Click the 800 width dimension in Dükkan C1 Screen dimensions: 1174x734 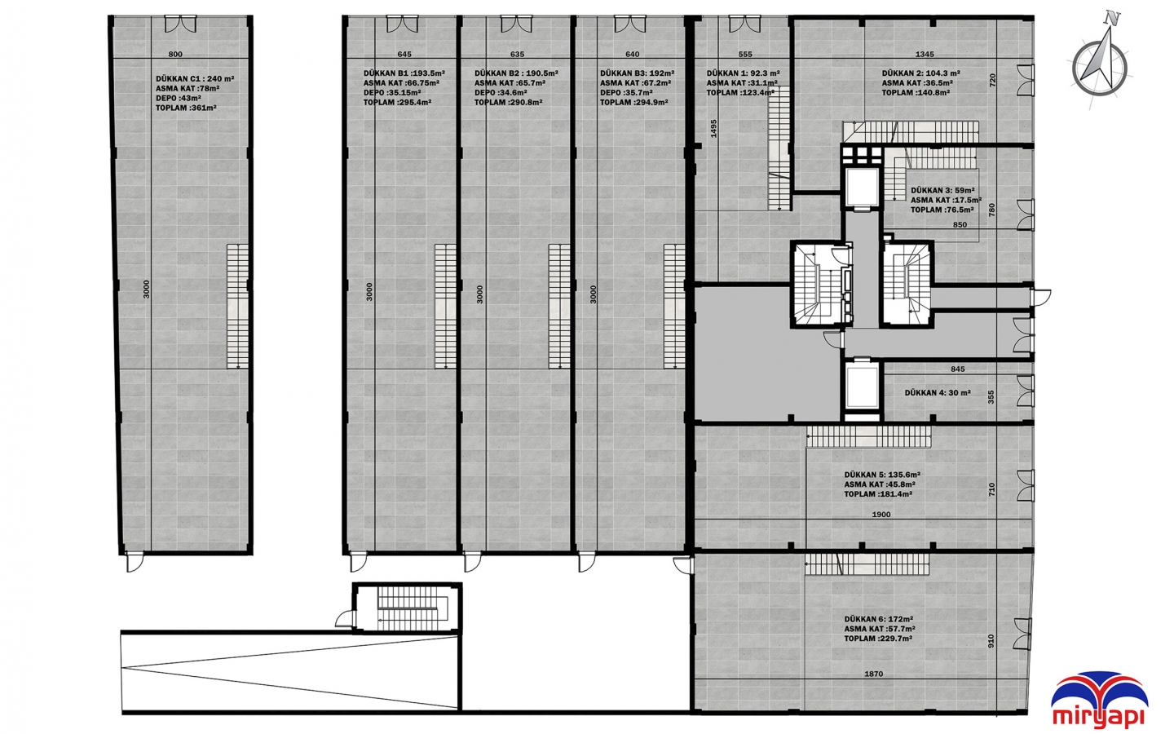tap(175, 54)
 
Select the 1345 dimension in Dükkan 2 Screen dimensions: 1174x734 tap(925, 54)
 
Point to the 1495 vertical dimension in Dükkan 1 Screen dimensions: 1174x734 tap(713, 129)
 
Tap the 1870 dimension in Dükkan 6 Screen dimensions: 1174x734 tap(874, 674)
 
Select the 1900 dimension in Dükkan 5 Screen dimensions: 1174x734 tap(881, 515)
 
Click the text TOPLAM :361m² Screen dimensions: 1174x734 tap(186, 108)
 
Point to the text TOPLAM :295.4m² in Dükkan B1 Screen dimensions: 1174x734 tap(397, 102)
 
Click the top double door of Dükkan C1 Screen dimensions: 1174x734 tap(181, 24)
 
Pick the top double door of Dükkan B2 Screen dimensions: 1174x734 tap(516, 24)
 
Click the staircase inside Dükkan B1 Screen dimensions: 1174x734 tap(445, 307)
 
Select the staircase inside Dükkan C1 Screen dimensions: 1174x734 tap(237, 307)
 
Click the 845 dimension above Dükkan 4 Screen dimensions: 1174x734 tap(957, 369)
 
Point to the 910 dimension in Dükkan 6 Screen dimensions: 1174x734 tap(991, 641)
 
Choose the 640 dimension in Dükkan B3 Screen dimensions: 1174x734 tap(633, 54)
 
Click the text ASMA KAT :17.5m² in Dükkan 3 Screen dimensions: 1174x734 tap(946, 201)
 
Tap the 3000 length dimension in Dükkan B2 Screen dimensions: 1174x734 tap(479, 294)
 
